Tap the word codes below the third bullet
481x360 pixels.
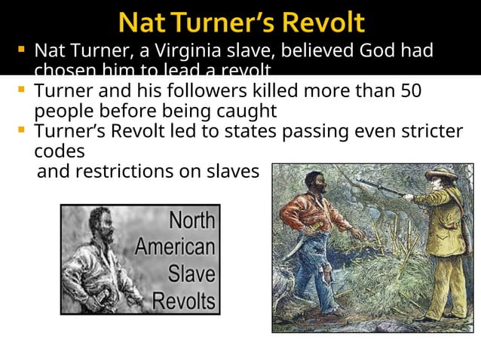pos(59,150)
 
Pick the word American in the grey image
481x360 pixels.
pos(175,248)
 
